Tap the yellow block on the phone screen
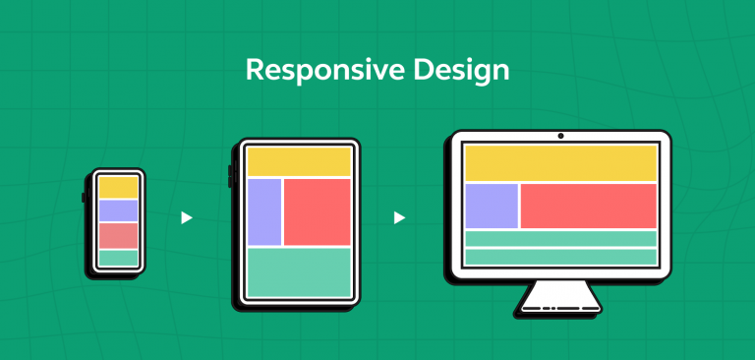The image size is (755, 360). pyautogui.click(x=118, y=187)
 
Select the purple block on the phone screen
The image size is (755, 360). pyautogui.click(x=118, y=210)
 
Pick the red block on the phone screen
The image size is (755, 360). pyautogui.click(x=118, y=235)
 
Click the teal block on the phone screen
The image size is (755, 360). pyautogui.click(x=118, y=258)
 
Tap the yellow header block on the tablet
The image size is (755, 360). pyautogui.click(x=299, y=162)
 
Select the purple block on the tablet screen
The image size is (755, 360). pyautogui.click(x=264, y=211)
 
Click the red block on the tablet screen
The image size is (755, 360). pyautogui.click(x=317, y=211)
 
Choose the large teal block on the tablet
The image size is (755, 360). pyautogui.click(x=299, y=271)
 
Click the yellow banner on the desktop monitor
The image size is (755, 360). pyautogui.click(x=559, y=163)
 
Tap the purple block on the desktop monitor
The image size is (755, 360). pyautogui.click(x=492, y=206)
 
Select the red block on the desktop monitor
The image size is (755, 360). pyautogui.click(x=588, y=206)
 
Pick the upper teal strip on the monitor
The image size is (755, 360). pyautogui.click(x=559, y=238)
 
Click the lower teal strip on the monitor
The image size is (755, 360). pyautogui.click(x=559, y=257)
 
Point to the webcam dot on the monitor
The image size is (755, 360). pyautogui.click(x=559, y=136)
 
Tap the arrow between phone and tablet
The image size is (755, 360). pyautogui.click(x=186, y=218)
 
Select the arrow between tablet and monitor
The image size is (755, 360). pyautogui.click(x=399, y=218)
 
